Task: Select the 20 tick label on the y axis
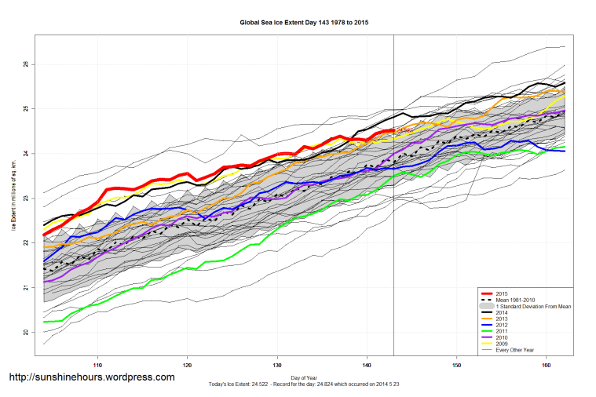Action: pos(25,333)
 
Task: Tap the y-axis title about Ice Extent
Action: pos(13,198)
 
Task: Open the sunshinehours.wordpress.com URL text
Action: pos(91,377)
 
